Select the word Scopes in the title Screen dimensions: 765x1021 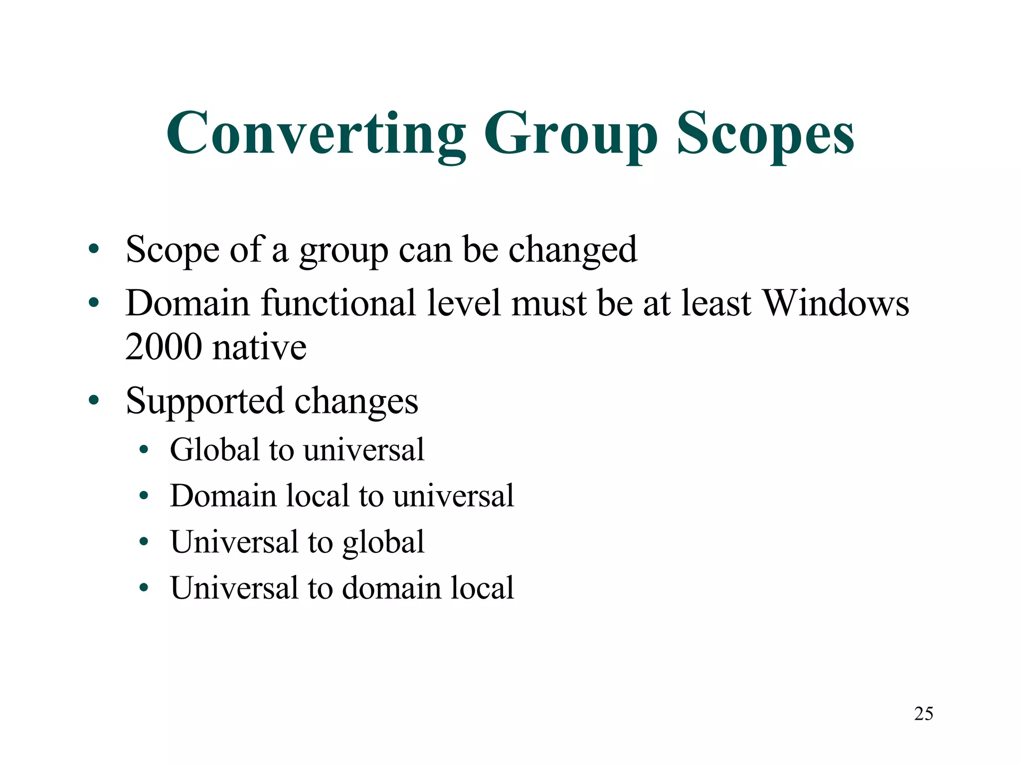765,134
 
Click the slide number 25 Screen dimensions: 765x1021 923,714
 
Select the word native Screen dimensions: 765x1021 259,347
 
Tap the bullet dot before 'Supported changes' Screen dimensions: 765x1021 93,400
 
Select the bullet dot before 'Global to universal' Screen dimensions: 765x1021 144,450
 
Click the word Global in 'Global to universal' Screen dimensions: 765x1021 214,449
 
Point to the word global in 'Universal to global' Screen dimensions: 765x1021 383,542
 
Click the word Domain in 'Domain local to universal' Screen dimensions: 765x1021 223,496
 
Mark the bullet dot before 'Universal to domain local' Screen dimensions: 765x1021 144,588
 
